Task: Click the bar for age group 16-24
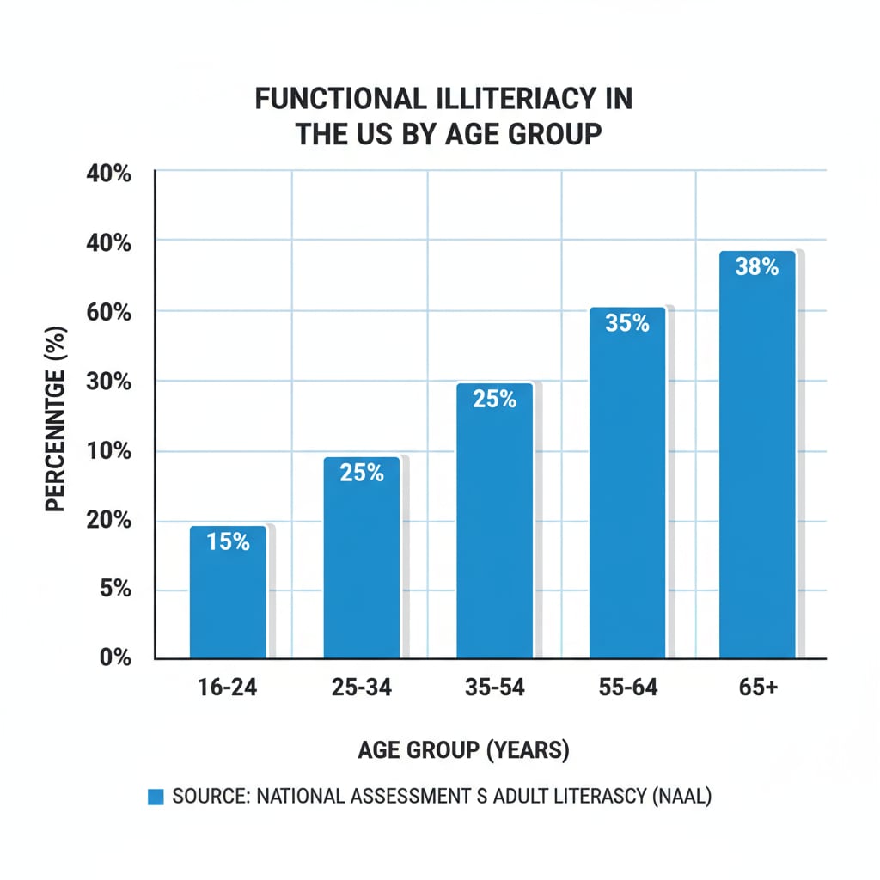coord(228,592)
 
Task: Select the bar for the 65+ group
coord(757,455)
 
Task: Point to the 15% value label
coord(228,541)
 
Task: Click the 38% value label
coord(757,267)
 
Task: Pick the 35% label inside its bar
coord(626,324)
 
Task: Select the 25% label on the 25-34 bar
coord(362,472)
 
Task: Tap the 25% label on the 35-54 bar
coord(494,399)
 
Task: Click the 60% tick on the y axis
coord(109,312)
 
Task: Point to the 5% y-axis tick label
coord(114,590)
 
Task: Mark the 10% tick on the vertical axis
coord(109,451)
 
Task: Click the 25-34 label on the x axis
coord(362,687)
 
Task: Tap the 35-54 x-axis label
coord(494,687)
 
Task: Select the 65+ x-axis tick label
coord(757,687)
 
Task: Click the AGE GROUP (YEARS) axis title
coord(463,750)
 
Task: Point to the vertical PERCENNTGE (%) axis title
coord(56,419)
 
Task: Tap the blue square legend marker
coord(156,797)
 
